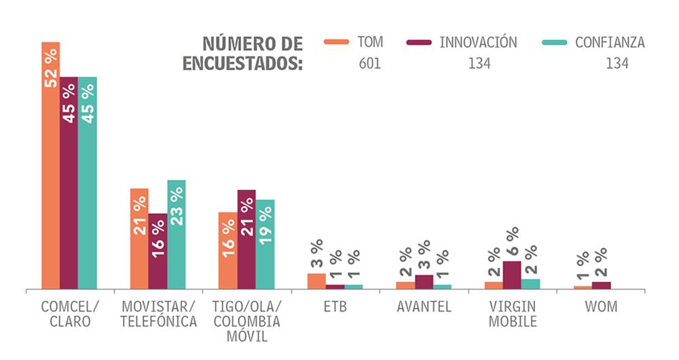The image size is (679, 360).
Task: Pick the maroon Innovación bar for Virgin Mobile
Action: point(512,275)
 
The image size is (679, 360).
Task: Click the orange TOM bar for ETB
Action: point(316,281)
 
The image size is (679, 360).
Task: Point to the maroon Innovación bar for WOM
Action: point(601,285)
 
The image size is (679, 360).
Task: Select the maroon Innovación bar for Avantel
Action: point(424,282)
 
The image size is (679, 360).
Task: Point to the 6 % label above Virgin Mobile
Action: point(512,242)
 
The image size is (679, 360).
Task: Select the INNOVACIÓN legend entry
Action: point(462,42)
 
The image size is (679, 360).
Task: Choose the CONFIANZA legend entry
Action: point(593,42)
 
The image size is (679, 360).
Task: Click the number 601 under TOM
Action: point(369,65)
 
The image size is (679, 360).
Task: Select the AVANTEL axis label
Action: point(424,306)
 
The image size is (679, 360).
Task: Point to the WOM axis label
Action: point(601,306)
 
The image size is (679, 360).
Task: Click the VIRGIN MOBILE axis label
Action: point(512,314)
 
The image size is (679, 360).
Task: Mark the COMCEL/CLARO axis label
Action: point(69,314)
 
